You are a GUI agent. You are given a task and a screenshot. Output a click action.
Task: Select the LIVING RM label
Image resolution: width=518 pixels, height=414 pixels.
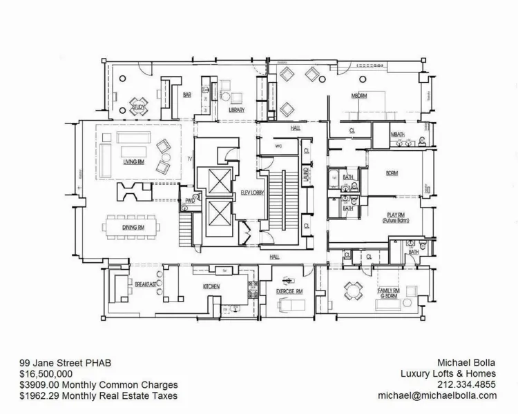pyautogui.click(x=133, y=162)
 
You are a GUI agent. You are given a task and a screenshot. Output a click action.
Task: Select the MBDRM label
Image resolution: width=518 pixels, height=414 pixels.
pyautogui.click(x=358, y=96)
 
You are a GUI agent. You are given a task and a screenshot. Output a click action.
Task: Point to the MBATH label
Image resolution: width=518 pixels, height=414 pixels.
pyautogui.click(x=397, y=135)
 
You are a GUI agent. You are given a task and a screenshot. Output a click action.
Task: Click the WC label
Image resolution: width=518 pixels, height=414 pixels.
pyautogui.click(x=279, y=146)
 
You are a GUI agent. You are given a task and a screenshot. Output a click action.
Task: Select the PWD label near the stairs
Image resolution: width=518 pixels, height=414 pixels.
pyautogui.click(x=187, y=201)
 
